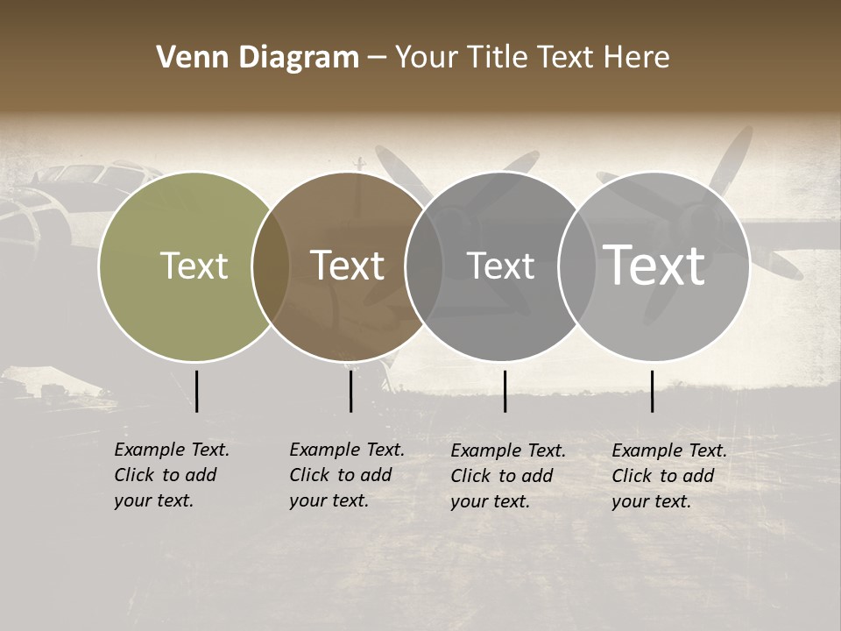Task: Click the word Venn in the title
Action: click(x=187, y=58)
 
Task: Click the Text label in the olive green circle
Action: click(x=194, y=266)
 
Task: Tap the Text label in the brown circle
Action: click(x=348, y=266)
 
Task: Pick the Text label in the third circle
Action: click(x=501, y=266)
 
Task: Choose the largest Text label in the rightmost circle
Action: click(x=654, y=266)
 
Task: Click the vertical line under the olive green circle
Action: click(x=196, y=391)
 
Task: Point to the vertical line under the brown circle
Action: click(x=350, y=391)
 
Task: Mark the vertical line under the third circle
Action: click(x=505, y=391)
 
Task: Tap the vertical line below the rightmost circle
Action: click(x=652, y=391)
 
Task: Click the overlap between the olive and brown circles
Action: click(x=271, y=266)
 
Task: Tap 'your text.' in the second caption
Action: click(x=329, y=500)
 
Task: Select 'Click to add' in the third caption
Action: click(x=501, y=476)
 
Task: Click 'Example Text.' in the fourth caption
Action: click(x=668, y=450)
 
